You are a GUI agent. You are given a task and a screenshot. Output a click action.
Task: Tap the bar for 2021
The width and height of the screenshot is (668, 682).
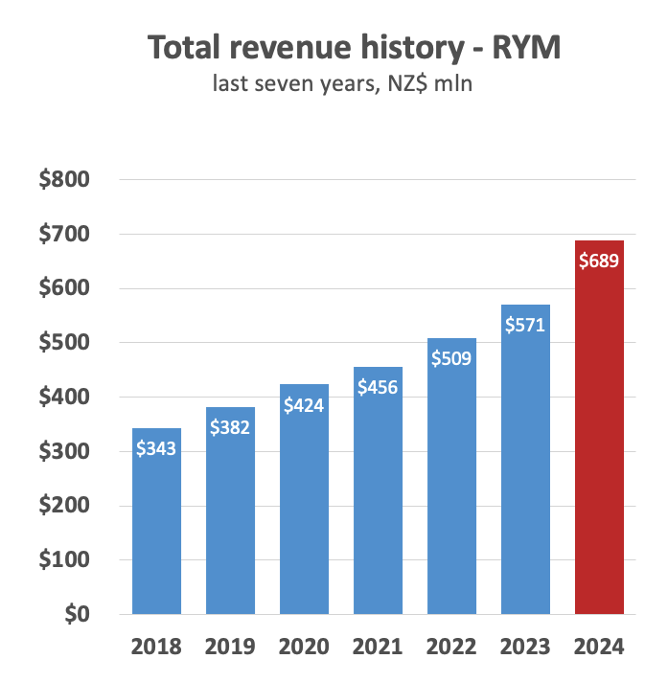[378, 498]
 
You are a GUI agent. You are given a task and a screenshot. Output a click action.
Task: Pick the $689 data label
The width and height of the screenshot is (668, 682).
[599, 260]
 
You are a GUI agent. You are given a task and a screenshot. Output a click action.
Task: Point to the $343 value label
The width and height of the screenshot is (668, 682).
[156, 447]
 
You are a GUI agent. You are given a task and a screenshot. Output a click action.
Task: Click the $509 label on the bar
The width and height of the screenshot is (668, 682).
[451, 358]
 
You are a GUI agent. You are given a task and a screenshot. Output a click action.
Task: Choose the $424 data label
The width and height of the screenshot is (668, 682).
[304, 404]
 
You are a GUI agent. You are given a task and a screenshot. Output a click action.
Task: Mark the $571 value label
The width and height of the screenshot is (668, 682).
[525, 324]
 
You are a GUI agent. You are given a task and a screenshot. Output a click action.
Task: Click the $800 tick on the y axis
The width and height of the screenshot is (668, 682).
[64, 180]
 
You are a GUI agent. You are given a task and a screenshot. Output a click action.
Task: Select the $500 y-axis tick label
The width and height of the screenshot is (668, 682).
[64, 343]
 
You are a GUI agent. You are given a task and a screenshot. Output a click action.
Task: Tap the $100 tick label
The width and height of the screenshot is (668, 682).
[64, 559]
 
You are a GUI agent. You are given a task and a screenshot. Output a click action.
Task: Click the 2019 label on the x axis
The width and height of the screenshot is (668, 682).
[230, 647]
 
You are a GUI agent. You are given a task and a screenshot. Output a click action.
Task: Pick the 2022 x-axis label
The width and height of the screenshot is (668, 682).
[451, 647]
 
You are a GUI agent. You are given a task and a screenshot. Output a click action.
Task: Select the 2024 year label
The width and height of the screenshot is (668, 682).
[599, 647]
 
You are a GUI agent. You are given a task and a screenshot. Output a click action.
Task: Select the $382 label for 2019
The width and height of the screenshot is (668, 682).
[230, 426]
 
